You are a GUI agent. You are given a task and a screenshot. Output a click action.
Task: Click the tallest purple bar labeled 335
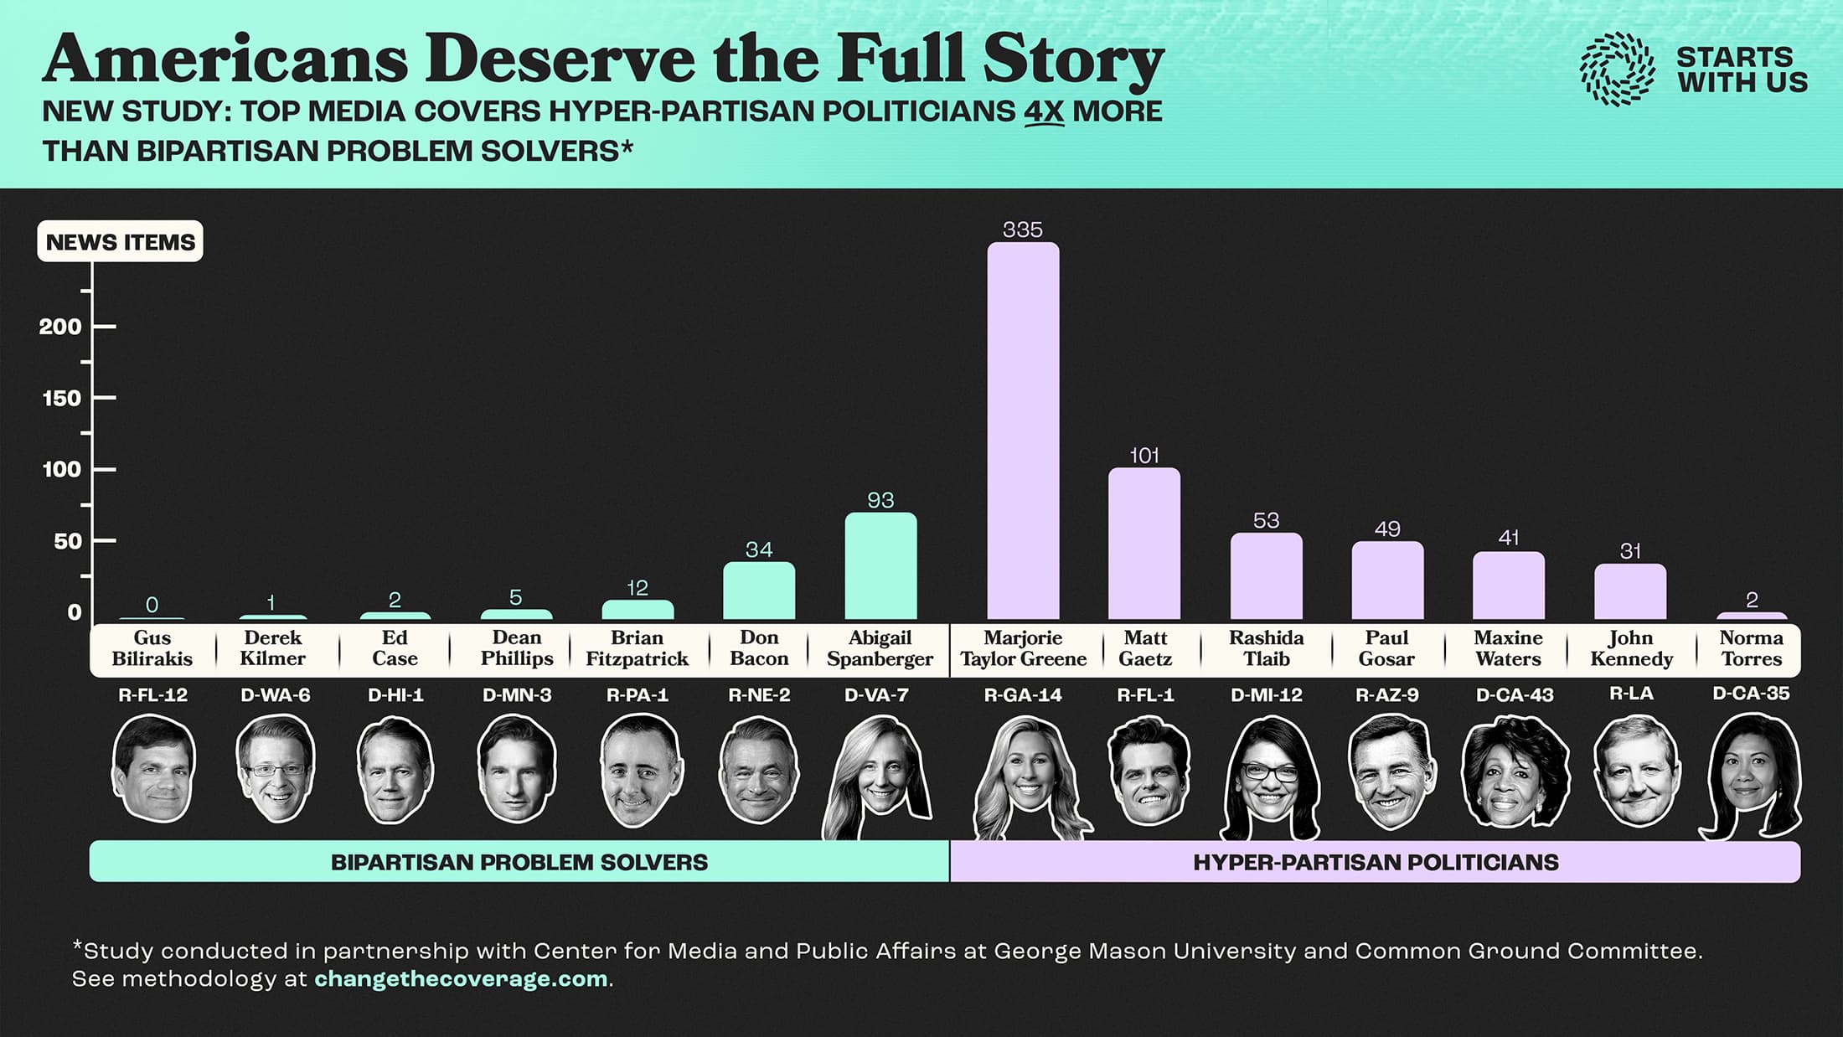coord(1023,431)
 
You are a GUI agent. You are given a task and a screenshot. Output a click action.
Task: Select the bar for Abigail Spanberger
coord(880,566)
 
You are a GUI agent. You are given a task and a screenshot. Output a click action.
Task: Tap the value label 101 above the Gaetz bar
coord(1144,456)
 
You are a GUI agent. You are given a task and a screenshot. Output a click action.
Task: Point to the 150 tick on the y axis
coord(63,398)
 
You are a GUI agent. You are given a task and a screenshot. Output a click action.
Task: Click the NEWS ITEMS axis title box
coord(120,242)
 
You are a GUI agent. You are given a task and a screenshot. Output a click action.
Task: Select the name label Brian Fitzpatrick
coord(637,648)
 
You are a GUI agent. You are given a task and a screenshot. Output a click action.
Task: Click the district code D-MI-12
coord(1266,694)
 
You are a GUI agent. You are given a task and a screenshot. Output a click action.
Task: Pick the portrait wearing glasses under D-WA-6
coord(275,769)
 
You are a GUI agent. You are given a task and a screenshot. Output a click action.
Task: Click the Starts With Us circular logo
coord(1617,70)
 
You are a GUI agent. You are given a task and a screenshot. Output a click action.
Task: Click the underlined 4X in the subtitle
coord(1043,111)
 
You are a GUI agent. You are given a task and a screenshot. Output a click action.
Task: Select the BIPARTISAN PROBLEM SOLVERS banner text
coord(519,862)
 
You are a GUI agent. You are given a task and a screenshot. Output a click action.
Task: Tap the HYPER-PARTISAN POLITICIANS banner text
coord(1376,862)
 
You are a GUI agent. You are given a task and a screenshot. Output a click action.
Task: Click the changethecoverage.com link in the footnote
coord(461,978)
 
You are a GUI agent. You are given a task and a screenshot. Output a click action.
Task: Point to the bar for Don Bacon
coord(759,591)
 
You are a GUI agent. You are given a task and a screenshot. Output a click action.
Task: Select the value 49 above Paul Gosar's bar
coord(1387,529)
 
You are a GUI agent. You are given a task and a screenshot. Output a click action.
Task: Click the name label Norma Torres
coord(1751,648)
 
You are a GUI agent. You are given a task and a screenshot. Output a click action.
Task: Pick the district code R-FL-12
coord(152,694)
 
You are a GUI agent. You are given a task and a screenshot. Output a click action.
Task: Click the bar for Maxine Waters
coord(1509,586)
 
